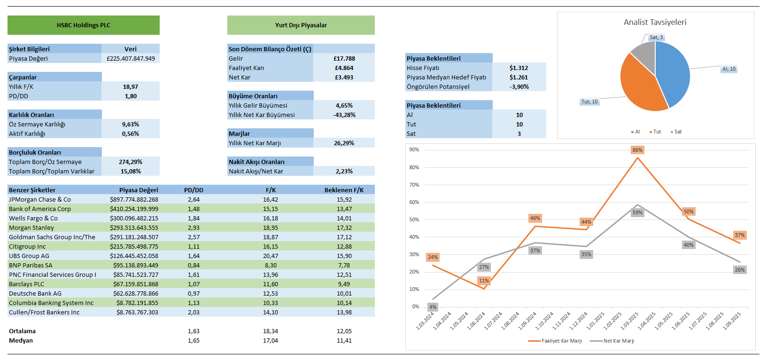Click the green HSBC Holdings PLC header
84,25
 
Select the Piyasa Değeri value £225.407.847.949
131,59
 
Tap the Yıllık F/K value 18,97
131,87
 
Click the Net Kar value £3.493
344,78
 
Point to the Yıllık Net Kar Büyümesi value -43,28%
344,115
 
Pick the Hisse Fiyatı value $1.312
519,68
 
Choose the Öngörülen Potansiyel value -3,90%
519,87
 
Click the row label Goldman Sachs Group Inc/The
52,237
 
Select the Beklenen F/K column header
344,190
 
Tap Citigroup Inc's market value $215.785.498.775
134,247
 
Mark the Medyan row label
21,341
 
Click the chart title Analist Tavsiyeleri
655,22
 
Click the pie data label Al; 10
729,69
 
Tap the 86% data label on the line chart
637,150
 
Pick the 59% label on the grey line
637,212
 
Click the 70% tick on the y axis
414,185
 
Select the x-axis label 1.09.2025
732,321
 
